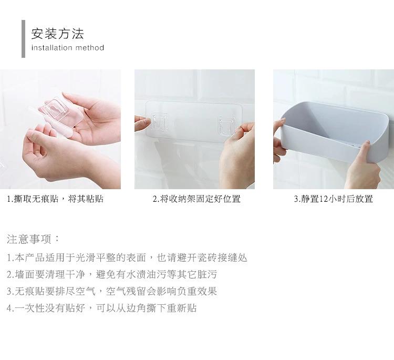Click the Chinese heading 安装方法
pyautogui.click(x=57, y=34)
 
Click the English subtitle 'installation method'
pyautogui.click(x=68, y=48)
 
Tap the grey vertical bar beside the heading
pyautogui.click(x=23, y=39)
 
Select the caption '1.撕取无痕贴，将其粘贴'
pyautogui.click(x=55, y=199)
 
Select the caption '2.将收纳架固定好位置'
pyautogui.click(x=196, y=199)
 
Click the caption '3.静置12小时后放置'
pyautogui.click(x=333, y=199)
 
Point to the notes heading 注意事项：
pyautogui.click(x=34, y=239)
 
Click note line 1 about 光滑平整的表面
pyautogui.click(x=127, y=258)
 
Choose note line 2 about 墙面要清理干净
pyautogui.click(x=111, y=274)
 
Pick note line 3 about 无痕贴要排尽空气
pyautogui.click(x=111, y=291)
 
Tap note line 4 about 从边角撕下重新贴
pyautogui.click(x=101, y=308)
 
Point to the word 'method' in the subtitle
pyautogui.click(x=90, y=48)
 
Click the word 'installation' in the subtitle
pyautogui.click(x=51, y=48)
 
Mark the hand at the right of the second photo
pyautogui.click(x=237, y=158)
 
